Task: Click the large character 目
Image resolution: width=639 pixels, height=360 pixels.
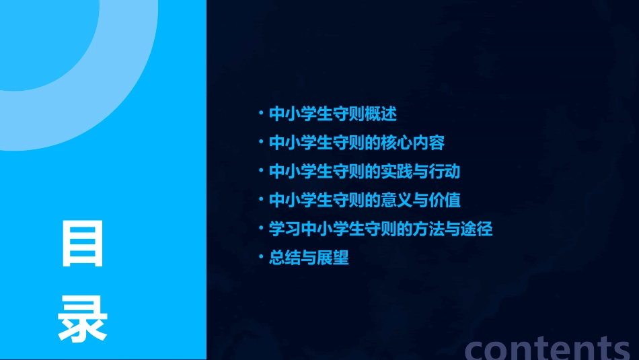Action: pyautogui.click(x=83, y=243)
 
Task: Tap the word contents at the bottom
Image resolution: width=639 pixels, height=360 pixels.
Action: pyautogui.click(x=548, y=348)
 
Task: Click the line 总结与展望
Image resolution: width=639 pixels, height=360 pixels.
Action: pyautogui.click(x=309, y=258)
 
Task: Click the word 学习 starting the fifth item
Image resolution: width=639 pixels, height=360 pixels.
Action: pyautogui.click(x=283, y=229)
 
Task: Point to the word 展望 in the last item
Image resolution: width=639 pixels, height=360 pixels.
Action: pyautogui.click(x=336, y=258)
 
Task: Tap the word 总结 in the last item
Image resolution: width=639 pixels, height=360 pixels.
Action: pyautogui.click(x=283, y=258)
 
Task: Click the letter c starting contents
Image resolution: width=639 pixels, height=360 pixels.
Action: pyautogui.click(x=476, y=349)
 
